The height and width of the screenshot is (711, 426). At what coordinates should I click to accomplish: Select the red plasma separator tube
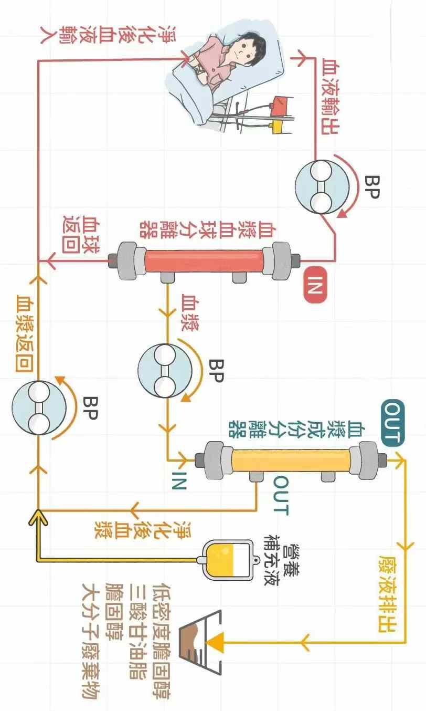coord(205,259)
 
